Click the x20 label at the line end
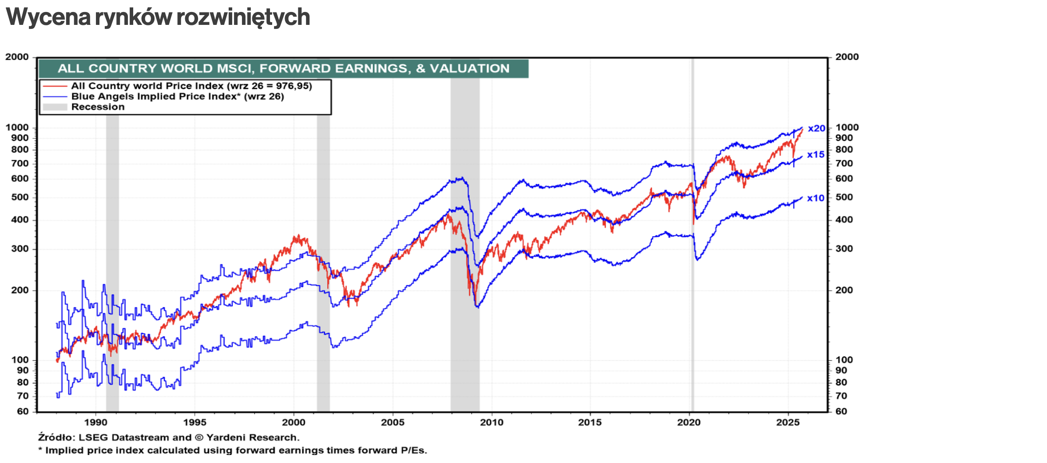(x=816, y=128)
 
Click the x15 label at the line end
(x=816, y=155)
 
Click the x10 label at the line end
(x=816, y=198)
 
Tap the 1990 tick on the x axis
(x=95, y=422)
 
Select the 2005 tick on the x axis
(x=393, y=422)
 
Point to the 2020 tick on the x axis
(x=689, y=422)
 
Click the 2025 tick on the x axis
(x=788, y=422)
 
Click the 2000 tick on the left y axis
(x=17, y=57)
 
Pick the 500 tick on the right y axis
(x=844, y=197)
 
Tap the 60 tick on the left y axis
(x=23, y=411)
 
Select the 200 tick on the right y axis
(x=844, y=290)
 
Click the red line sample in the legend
(x=55, y=86)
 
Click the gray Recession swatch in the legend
(x=55, y=107)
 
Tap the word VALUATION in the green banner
(x=469, y=68)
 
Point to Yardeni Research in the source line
(x=252, y=437)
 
